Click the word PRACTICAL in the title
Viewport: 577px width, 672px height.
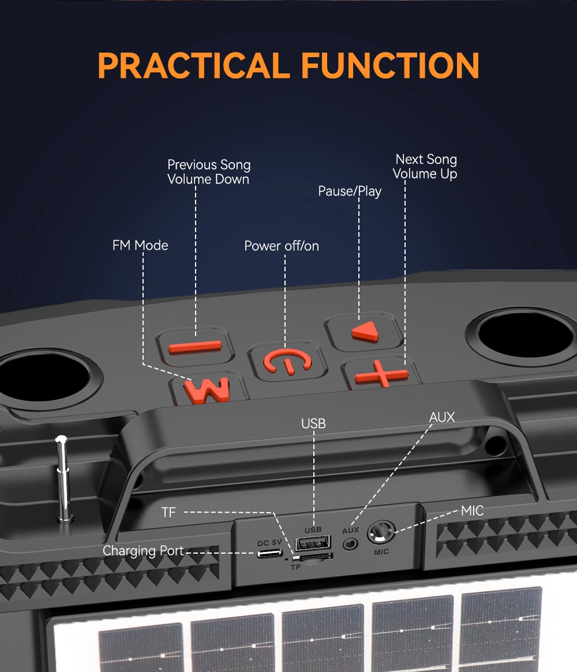pos(193,65)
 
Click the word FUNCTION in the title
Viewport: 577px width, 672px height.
pos(391,65)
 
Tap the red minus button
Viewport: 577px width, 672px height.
pos(195,346)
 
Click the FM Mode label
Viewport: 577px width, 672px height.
pos(140,245)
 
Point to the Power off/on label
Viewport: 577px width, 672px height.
pos(282,246)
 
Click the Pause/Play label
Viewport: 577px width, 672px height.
pos(350,191)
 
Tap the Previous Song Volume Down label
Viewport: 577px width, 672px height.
pos(209,172)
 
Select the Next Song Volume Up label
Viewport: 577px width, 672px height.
pos(425,166)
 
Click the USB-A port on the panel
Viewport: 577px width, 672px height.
pos(313,543)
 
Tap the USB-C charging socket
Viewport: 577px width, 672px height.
pos(270,554)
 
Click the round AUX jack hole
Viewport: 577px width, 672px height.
pos(350,543)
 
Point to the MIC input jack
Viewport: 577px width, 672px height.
pos(381,532)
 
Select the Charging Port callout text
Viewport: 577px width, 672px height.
pos(143,551)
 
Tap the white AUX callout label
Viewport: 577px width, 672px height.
pos(442,417)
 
